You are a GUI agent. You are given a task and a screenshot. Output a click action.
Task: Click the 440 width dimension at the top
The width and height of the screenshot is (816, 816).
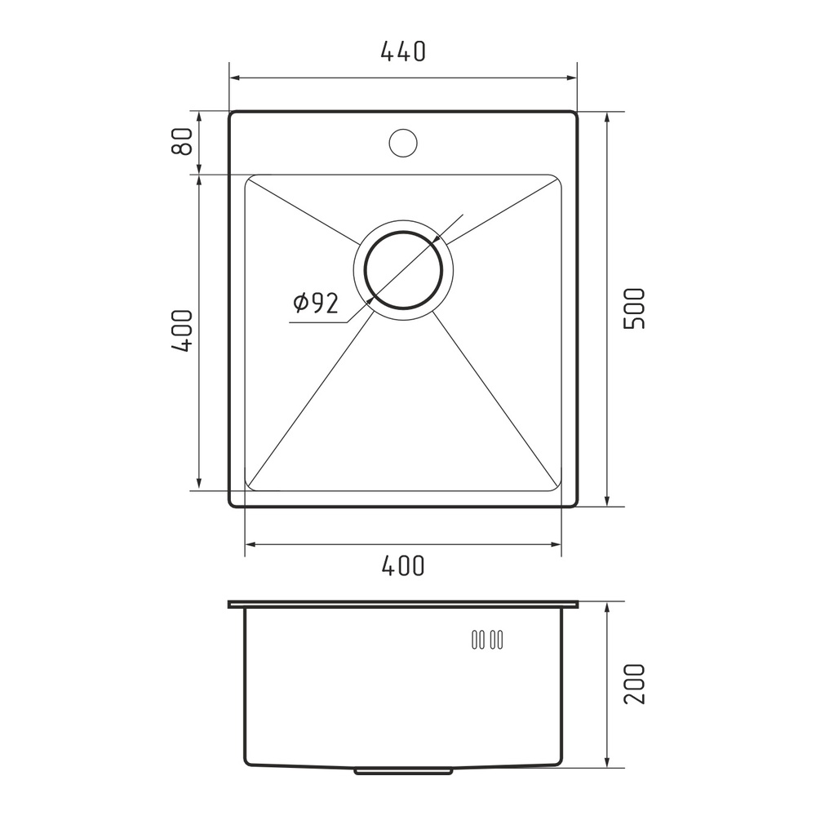[403, 51]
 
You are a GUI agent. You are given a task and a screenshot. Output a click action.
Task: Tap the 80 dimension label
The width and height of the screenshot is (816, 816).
[182, 141]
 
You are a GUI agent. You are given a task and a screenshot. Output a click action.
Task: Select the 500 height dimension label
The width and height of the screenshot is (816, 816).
[634, 308]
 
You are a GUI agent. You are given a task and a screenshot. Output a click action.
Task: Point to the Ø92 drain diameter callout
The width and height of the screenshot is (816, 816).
[316, 303]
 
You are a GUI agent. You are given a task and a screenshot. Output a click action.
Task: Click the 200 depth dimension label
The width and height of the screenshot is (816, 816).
[634, 684]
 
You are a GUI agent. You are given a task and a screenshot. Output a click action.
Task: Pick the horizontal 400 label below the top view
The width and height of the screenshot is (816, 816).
[403, 565]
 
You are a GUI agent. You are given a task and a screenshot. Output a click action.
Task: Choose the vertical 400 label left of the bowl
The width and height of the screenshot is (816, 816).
[182, 331]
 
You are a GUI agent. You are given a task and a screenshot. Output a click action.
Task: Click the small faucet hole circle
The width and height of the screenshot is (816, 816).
[403, 142]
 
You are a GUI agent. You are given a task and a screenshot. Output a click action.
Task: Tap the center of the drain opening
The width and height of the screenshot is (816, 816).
[403, 269]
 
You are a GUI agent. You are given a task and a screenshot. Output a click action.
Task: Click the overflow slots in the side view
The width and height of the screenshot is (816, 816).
[487, 640]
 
